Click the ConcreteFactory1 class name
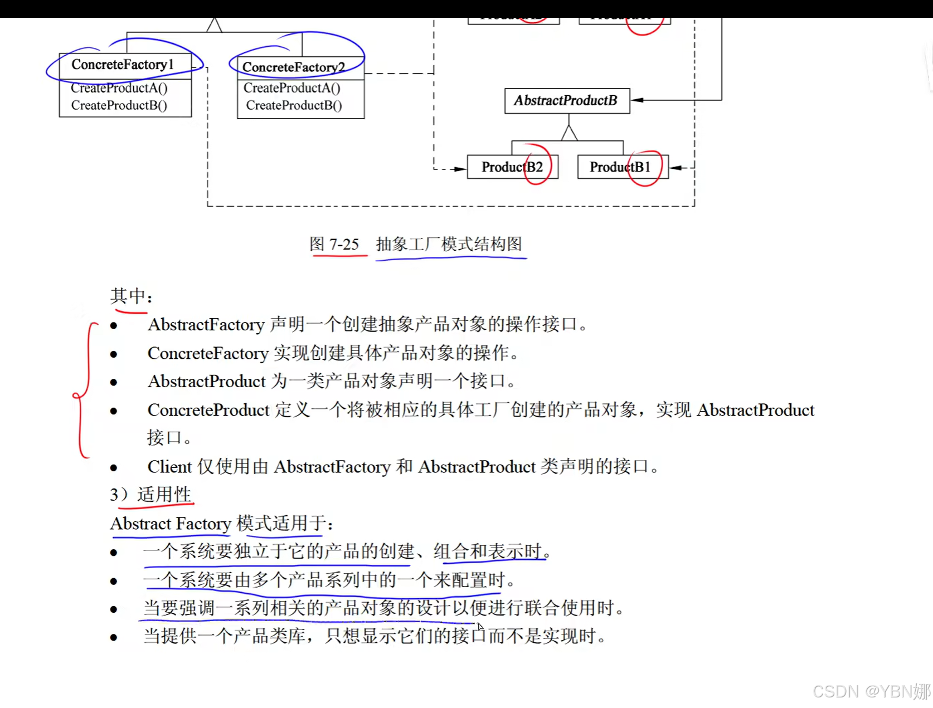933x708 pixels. pos(123,65)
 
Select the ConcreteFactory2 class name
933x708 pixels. pos(293,67)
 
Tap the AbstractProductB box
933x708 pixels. pos(566,101)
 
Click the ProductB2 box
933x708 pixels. pos(512,167)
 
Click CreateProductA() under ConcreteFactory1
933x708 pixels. pos(119,88)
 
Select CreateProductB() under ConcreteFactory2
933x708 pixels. pos(294,105)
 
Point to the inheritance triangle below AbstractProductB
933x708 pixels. pos(569,133)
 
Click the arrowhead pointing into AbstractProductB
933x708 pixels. pos(637,100)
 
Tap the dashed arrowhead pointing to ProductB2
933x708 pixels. pos(460,169)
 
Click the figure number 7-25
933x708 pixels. pos(344,244)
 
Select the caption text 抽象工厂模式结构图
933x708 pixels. pos(449,244)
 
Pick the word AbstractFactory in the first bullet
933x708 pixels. pos(206,325)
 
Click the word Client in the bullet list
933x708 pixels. pos(169,467)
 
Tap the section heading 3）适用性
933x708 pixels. pos(150,495)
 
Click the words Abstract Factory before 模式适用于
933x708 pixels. pos(171,524)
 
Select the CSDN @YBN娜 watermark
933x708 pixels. pos(871,691)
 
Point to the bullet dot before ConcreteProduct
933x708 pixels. pos(114,411)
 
